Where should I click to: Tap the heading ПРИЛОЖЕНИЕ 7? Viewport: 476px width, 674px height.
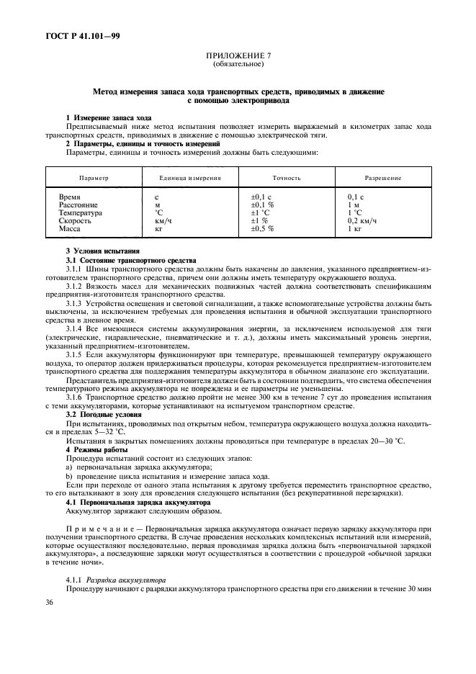point(238,57)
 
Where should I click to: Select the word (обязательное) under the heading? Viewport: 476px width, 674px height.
point(238,65)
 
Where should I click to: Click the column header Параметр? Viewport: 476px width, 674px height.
point(94,178)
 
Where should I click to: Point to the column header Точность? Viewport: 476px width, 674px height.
point(286,178)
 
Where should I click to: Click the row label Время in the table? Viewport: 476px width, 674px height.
point(70,197)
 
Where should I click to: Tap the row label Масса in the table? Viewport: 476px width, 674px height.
point(70,228)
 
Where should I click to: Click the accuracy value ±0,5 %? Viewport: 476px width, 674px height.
point(262,228)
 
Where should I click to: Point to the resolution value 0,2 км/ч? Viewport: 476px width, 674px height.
point(362,220)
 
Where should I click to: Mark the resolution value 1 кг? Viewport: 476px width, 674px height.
point(354,228)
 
